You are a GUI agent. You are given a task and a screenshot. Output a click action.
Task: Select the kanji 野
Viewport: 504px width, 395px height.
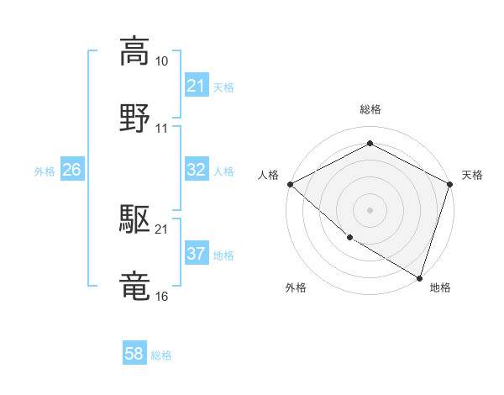point(135,118)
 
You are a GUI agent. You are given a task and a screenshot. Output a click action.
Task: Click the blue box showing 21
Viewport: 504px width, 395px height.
point(196,86)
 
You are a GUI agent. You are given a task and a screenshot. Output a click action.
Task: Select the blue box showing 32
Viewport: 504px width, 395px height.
point(196,170)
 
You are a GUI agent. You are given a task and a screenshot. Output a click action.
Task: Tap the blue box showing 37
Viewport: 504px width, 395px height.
point(196,254)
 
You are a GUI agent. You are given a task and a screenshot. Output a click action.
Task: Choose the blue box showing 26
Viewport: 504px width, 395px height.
point(71,170)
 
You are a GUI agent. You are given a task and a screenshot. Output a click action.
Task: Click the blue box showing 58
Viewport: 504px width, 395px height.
point(134,355)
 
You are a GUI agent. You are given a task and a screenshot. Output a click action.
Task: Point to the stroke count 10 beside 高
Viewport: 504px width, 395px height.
point(162,61)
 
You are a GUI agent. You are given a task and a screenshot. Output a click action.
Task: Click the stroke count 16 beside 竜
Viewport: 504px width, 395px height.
point(162,297)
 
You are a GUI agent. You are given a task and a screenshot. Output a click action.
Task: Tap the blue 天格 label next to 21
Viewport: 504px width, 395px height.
point(223,87)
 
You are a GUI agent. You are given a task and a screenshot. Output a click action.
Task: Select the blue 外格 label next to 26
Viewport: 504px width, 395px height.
point(45,171)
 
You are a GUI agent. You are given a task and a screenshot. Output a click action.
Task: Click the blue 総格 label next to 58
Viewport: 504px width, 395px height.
point(161,355)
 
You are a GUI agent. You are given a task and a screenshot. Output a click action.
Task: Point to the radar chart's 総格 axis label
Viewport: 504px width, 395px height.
point(370,109)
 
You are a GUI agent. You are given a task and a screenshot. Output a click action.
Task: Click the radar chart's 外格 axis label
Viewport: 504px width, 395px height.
point(296,287)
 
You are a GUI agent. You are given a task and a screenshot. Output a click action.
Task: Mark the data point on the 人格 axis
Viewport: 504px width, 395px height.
point(290,184)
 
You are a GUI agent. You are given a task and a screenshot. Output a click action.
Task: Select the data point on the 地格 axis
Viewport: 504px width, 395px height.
point(419,276)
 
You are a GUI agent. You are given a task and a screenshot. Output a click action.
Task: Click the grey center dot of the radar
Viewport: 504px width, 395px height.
point(370,209)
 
